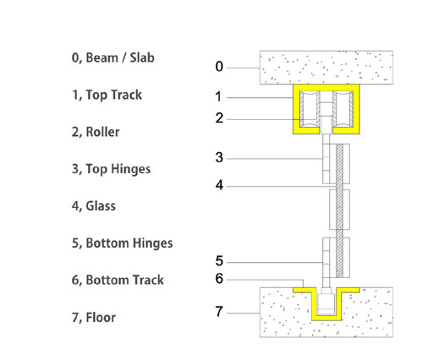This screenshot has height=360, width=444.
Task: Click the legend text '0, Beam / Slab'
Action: [x=113, y=57]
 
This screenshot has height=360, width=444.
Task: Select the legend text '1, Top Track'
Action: [x=107, y=95]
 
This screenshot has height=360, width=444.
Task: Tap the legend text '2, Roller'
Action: [x=96, y=132]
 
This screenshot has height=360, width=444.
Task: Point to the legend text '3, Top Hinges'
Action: [x=111, y=169]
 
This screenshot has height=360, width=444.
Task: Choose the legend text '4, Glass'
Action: [x=94, y=206]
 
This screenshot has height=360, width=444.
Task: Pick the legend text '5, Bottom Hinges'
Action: [x=122, y=243]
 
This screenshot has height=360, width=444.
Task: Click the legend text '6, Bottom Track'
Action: [x=118, y=280]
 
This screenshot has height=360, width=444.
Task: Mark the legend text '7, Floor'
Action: [x=94, y=317]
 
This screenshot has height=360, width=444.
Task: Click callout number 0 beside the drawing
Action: [x=219, y=67]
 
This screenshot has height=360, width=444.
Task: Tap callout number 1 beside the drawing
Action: [x=218, y=97]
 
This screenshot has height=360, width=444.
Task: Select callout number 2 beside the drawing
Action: [x=219, y=118]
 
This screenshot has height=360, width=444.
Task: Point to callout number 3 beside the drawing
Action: [x=219, y=157]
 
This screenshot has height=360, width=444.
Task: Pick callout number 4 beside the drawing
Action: [x=219, y=185]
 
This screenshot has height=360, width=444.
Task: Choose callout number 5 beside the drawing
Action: [x=219, y=261]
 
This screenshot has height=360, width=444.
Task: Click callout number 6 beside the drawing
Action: [x=219, y=279]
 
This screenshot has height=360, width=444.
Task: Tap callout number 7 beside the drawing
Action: [x=219, y=312]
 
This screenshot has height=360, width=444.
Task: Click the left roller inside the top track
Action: [x=310, y=109]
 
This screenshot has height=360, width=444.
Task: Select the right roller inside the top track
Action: [x=343, y=109]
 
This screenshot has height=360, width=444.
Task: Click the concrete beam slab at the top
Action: [x=326, y=68]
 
